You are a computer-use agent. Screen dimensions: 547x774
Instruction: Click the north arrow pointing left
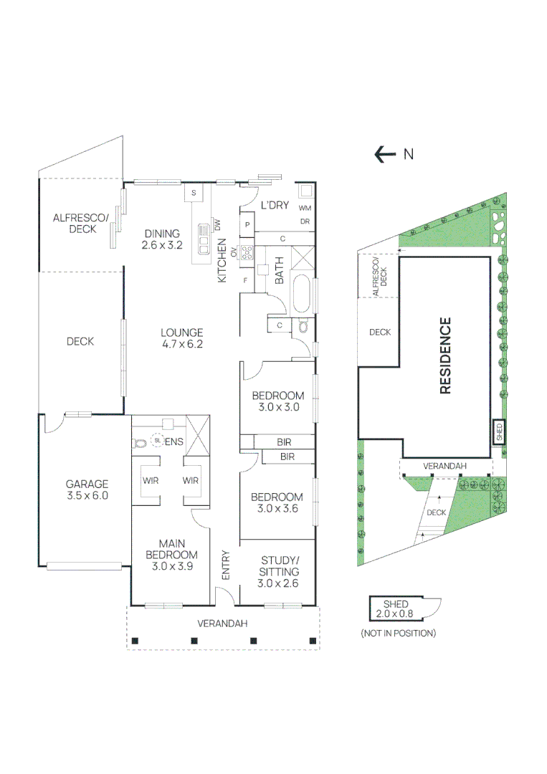tap(385, 155)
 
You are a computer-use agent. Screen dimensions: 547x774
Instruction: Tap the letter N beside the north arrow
tap(408, 155)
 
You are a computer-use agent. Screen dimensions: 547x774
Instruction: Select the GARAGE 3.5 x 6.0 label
tap(87, 489)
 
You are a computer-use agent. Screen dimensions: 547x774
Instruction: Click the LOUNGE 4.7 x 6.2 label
tap(182, 338)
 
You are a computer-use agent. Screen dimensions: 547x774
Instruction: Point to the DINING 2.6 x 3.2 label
tap(162, 239)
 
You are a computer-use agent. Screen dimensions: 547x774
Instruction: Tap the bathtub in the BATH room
tap(302, 295)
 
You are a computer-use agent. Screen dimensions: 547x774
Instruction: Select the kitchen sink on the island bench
tap(204, 239)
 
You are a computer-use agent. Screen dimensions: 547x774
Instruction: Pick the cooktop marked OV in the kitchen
tap(247, 253)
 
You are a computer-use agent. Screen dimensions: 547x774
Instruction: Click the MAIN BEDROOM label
tap(172, 555)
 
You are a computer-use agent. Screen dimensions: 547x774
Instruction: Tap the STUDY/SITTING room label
tap(279, 572)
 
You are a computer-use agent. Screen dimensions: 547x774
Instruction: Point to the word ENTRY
tap(226, 565)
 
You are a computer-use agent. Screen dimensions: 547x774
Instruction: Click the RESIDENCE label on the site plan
tap(445, 355)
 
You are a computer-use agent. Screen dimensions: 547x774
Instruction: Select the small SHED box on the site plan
tap(499, 432)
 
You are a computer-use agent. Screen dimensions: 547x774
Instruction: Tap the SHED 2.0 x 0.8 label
tap(395, 608)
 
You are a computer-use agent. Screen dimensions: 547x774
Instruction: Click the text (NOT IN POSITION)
tap(399, 634)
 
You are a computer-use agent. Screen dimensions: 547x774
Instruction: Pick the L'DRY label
tap(275, 205)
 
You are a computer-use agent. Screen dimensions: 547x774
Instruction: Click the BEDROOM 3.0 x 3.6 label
tap(277, 503)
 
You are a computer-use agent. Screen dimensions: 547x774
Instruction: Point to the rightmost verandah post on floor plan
tap(313, 641)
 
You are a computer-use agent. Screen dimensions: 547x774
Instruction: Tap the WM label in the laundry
tap(305, 209)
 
